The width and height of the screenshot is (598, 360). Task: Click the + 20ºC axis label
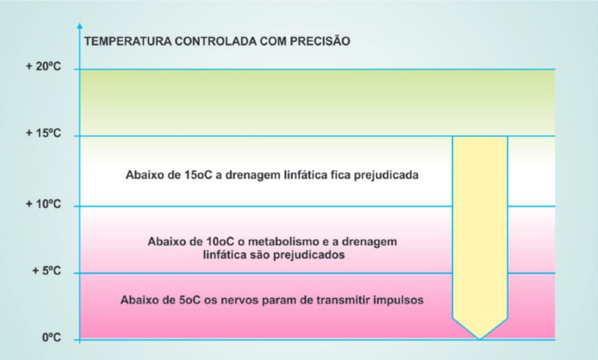43,67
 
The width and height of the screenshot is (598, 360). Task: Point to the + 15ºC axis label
43,133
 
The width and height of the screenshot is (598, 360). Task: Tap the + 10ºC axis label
43,204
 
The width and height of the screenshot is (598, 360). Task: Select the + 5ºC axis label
47,271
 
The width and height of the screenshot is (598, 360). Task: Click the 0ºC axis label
51,337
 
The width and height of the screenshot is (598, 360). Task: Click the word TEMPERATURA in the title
128,41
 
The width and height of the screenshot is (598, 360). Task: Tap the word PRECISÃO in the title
320,40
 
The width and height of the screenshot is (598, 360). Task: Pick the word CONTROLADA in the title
216,41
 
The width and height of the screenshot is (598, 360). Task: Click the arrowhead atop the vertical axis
79,26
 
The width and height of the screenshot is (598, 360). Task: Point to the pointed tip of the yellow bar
480,339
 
